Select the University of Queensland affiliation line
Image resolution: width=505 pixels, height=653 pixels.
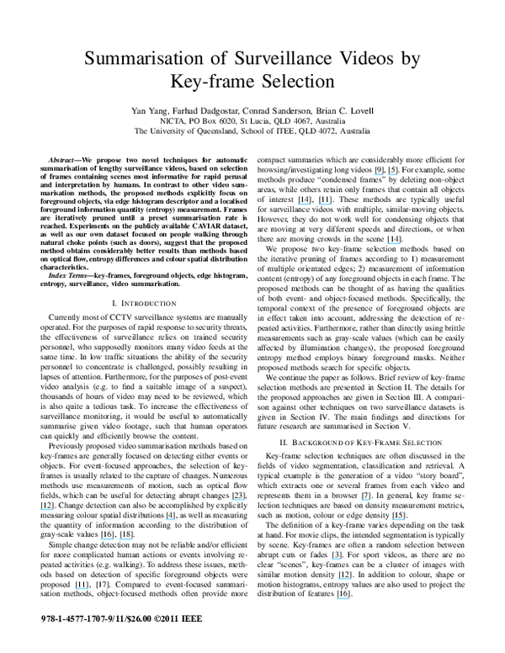(x=252, y=132)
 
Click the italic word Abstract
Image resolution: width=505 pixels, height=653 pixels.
(x=65, y=159)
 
